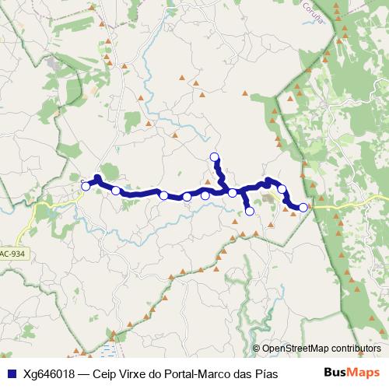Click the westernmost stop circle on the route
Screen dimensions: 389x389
pos(86,186)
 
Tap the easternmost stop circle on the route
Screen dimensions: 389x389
pos(303,207)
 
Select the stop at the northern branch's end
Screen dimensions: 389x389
pos(216,157)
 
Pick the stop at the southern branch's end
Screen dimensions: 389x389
pos(250,211)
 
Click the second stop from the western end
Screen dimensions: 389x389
pos(116,191)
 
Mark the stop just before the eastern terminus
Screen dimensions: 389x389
pos(282,189)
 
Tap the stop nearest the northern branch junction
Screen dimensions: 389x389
pos(233,193)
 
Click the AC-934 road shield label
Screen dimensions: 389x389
pos(12,254)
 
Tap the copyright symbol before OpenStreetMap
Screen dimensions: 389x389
pos(257,349)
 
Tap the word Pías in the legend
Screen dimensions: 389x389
pos(265,373)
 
